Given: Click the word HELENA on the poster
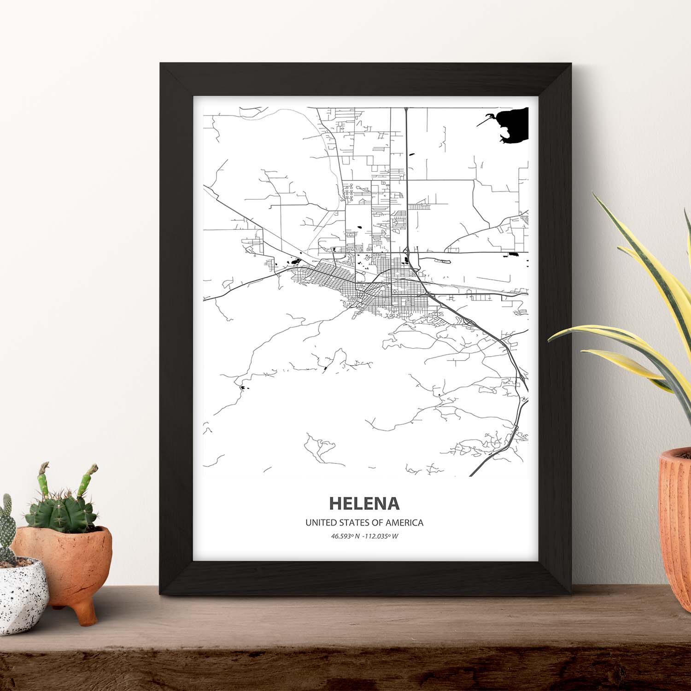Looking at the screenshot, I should [x=364, y=504].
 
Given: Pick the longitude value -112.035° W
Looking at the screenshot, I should [x=381, y=536].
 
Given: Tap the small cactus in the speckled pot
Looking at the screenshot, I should [x=7, y=530].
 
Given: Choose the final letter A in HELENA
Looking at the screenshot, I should [x=393, y=504].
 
